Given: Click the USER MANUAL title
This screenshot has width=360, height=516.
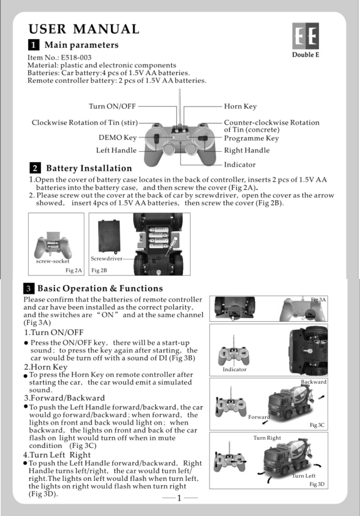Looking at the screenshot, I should click(84, 29).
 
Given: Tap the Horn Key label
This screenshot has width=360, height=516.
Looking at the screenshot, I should click(240, 107).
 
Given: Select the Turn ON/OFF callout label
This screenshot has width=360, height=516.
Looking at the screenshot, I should click(112, 106).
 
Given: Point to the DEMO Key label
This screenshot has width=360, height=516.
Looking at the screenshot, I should click(118, 138).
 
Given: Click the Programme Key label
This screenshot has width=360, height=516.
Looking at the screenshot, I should click(251, 138).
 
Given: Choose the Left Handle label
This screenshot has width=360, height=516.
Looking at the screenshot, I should click(116, 150).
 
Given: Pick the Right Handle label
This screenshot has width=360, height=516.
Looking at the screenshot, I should click(247, 150).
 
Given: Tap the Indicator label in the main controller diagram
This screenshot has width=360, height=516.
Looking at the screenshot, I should click(240, 165).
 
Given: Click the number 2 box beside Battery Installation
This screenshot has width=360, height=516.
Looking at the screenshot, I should click(35, 168).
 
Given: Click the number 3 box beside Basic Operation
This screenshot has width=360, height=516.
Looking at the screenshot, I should click(29, 288).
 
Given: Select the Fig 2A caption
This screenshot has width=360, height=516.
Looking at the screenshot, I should click(74, 270).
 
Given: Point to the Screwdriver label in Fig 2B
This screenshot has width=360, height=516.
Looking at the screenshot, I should click(106, 259).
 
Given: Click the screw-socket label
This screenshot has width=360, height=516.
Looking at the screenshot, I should click(52, 261).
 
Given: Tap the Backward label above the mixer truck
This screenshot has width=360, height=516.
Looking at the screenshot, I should click(313, 382).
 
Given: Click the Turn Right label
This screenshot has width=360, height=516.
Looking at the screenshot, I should click(267, 438).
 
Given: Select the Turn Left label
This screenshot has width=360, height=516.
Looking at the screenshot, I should click(304, 476).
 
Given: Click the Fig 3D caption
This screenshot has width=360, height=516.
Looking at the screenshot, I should click(317, 484).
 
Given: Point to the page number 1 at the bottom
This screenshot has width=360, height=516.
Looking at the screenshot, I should click(179, 498).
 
